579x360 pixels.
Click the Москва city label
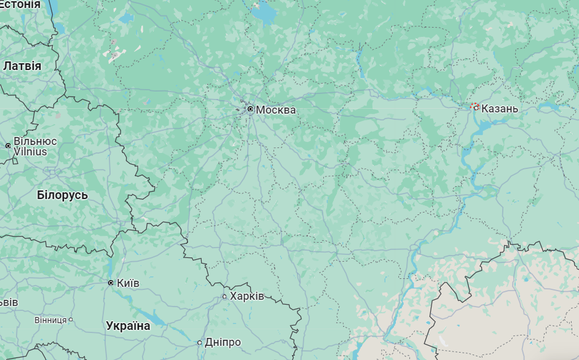pos(275,110)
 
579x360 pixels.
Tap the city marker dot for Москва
pos(250,109)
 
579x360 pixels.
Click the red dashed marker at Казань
pos(475,107)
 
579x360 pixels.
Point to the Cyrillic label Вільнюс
pos(34,141)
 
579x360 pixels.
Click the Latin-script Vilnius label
pos(30,151)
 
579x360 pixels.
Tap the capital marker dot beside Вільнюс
pos(8,146)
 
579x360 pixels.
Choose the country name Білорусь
pos(62,195)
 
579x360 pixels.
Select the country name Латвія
pos(22,66)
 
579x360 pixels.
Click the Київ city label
pos(128,283)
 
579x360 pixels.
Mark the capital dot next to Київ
pos(111,283)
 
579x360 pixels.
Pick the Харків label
pos(246,296)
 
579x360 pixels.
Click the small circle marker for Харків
pos(224,297)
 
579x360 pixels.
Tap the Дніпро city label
pos(223,342)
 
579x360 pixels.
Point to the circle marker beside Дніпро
pos(200,342)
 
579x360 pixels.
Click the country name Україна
pos(128,326)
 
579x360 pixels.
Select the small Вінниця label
pos(50,319)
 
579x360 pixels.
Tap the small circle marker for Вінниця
pos(71,319)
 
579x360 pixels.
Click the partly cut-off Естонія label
pos(20,4)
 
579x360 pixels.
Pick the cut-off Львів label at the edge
pos(9,302)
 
